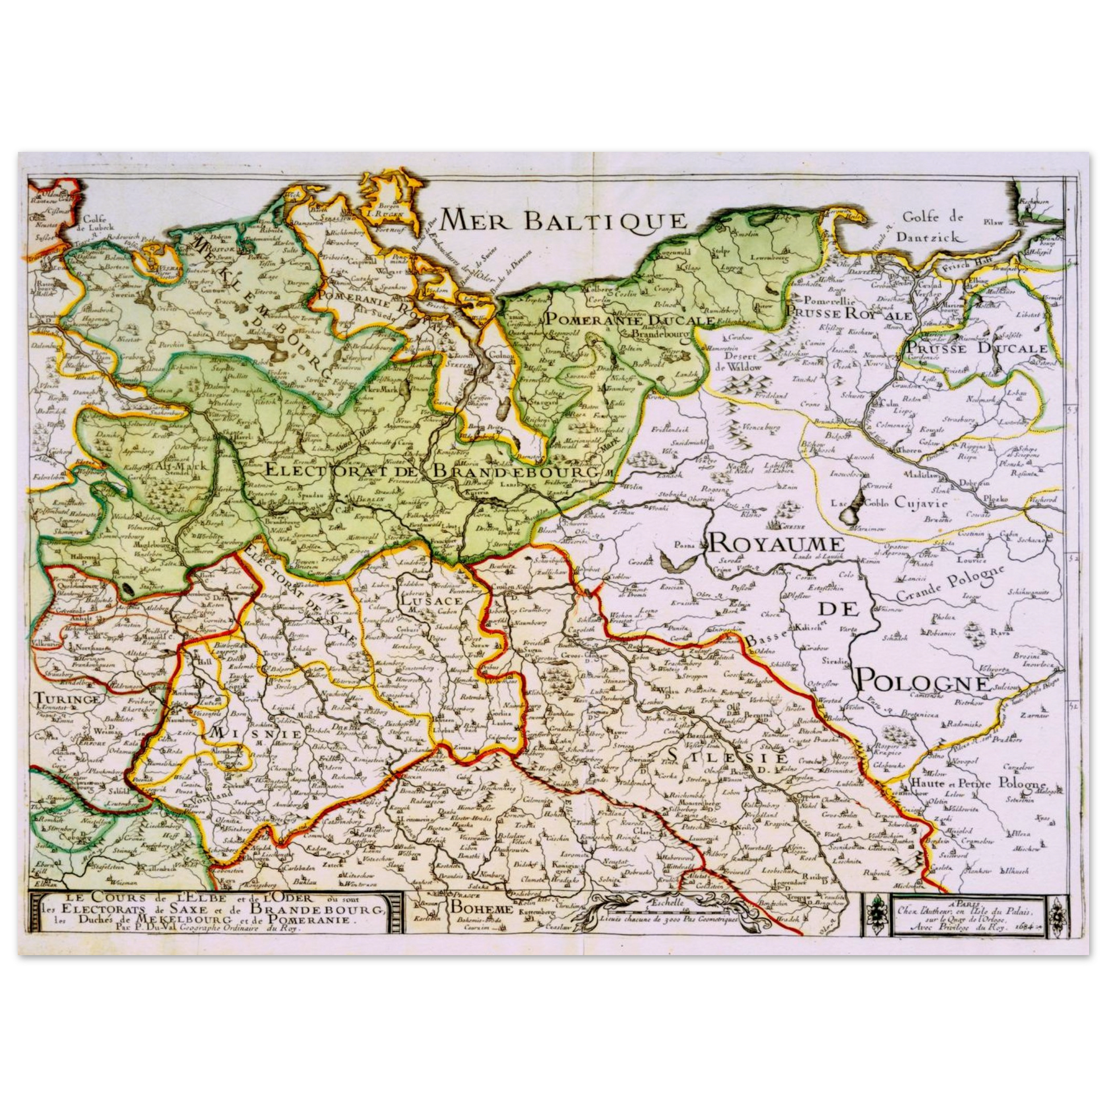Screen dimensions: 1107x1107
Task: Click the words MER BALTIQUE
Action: click(563, 220)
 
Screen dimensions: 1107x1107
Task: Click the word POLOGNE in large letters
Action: click(923, 683)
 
